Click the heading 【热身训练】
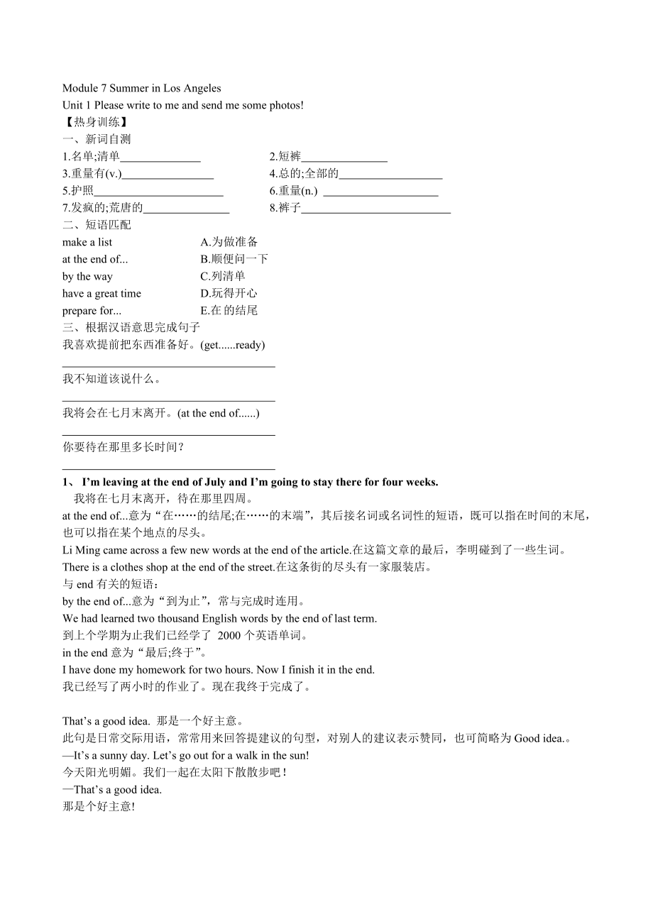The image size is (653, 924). tap(95, 122)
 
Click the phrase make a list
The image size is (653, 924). tap(87, 242)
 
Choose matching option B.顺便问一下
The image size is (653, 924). tap(234, 259)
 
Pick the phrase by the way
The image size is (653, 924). tap(87, 277)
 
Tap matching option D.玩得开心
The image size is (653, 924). tap(229, 293)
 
